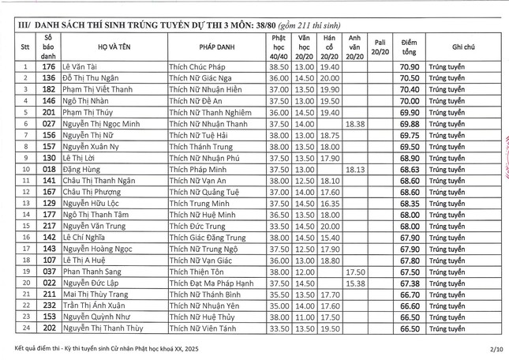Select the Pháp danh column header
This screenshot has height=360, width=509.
click(215, 47)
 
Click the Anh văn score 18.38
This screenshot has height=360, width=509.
click(355, 123)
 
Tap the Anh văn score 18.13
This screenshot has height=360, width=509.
click(355, 169)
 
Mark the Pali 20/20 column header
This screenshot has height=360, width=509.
click(380, 47)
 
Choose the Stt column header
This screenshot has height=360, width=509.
click(26, 47)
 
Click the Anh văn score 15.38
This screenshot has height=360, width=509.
click(355, 283)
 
